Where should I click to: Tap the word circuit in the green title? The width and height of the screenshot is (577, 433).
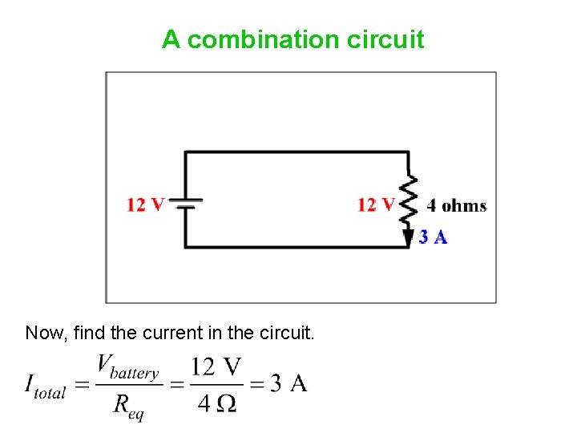coord(386,39)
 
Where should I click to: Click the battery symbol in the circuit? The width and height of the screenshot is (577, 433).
coord(186,204)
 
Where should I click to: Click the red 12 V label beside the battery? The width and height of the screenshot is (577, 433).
coord(146,204)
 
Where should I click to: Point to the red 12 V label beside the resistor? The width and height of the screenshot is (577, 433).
coord(376,204)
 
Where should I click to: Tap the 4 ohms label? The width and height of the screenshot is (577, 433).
coord(456,205)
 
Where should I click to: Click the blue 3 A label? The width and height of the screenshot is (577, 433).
coord(433,237)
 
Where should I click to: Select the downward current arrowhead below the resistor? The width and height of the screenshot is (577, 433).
coord(409,237)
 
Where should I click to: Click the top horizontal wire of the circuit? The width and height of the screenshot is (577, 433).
coord(297,152)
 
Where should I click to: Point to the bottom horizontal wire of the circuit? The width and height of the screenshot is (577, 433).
coord(297,247)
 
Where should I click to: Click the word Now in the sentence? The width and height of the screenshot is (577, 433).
coord(45,332)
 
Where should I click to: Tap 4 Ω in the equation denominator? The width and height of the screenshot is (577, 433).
coord(216,403)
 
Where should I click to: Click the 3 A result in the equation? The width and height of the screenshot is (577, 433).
coord(288,384)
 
